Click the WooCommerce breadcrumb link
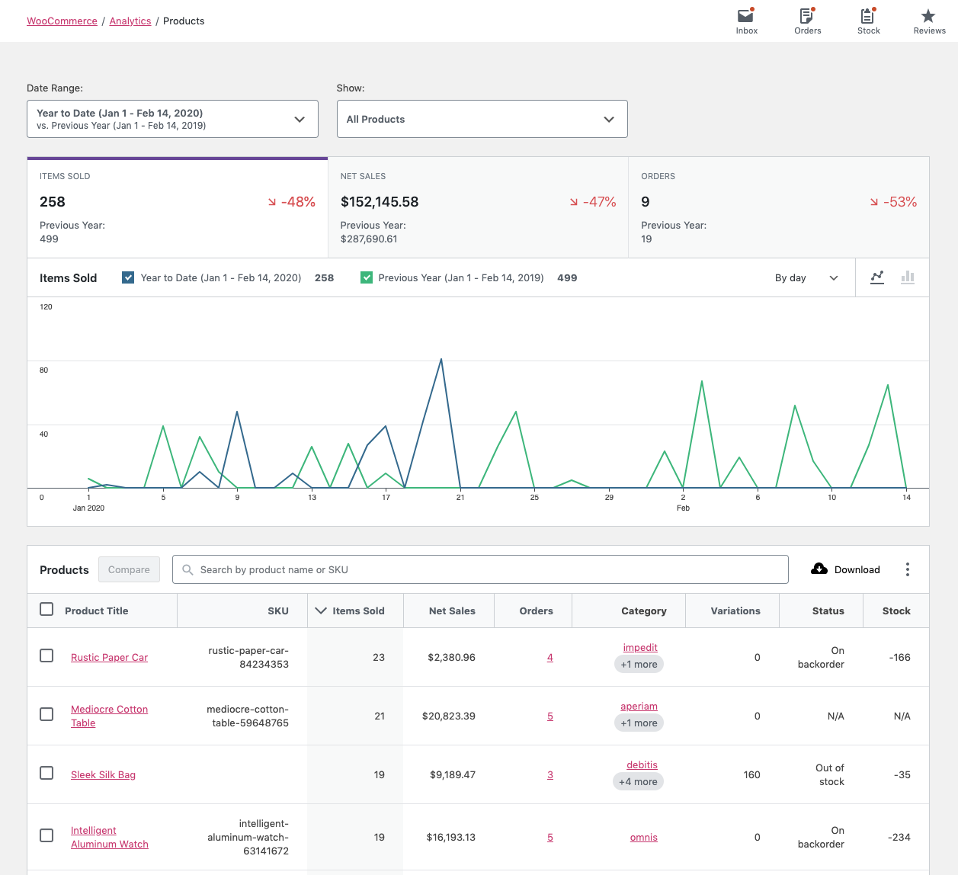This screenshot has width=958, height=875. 62,21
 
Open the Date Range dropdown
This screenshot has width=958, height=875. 172,119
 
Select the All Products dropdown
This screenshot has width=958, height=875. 482,119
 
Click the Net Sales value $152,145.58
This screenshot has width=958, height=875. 380,202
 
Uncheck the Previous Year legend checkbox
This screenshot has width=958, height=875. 367,277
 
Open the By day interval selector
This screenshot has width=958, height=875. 806,278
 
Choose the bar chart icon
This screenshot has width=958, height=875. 907,277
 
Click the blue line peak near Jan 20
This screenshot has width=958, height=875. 441,360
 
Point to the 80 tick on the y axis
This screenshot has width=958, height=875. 44,370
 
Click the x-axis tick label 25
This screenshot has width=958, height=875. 534,498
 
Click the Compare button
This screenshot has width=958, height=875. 129,569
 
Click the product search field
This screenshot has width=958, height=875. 480,569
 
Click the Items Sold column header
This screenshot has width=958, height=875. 357,611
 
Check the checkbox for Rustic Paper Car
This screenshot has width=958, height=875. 46,655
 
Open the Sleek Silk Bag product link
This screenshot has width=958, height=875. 103,774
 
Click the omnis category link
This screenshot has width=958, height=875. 643,837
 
